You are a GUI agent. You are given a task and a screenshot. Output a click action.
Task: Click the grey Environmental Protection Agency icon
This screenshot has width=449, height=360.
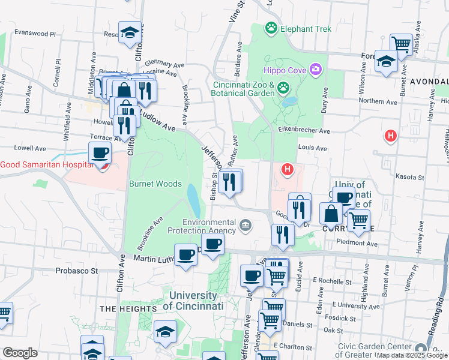pos(245,226)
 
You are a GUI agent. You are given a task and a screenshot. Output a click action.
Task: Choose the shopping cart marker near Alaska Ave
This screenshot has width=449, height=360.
pos(400,44)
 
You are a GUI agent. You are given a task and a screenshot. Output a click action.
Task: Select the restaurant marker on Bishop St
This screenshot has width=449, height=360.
pos(229,182)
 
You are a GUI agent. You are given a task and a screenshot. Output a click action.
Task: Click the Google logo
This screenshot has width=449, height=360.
pos(20,353)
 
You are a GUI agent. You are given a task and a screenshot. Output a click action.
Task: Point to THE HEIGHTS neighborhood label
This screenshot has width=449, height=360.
pos(128,308)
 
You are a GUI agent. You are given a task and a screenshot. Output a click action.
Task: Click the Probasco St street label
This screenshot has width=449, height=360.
pos(77,271)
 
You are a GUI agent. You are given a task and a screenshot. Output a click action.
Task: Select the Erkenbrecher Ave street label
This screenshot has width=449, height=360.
pos(308,131)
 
